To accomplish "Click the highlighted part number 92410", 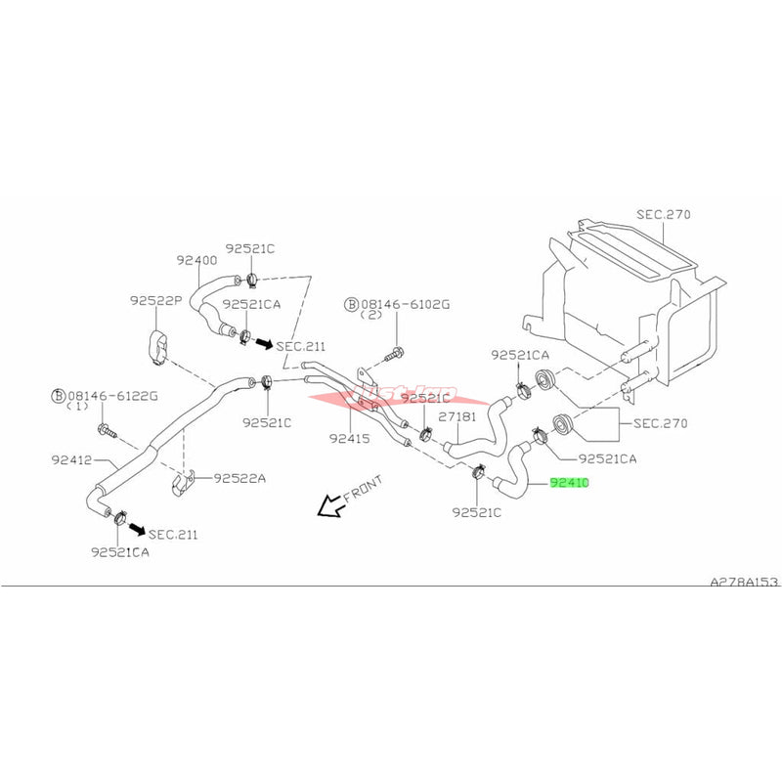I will pyautogui.click(x=570, y=483).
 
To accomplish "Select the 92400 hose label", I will pyautogui.click(x=196, y=261).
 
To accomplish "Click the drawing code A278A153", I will pyautogui.click(x=744, y=582).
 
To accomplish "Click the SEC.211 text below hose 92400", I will pyautogui.click(x=300, y=346).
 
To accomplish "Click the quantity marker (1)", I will pyautogui.click(x=83, y=410).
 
